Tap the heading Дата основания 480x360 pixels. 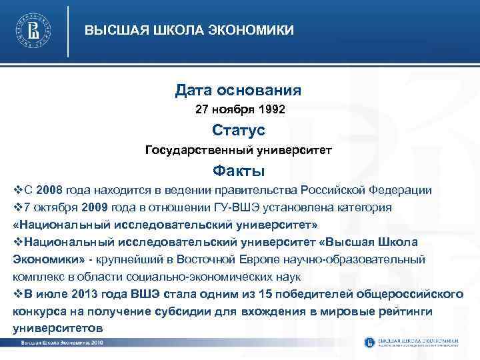click(x=238, y=89)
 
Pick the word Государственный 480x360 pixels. click(x=194, y=149)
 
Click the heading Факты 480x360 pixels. click(x=238, y=170)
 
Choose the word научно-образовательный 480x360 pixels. click(x=347, y=259)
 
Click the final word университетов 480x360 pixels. click(x=57, y=329)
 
